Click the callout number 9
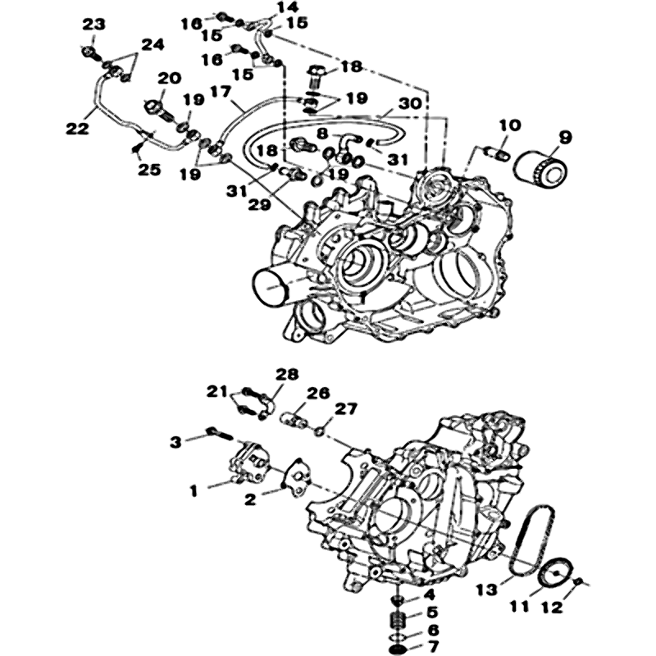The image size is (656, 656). [565, 137]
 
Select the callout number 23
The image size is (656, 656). [93, 25]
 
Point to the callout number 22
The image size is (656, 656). [77, 129]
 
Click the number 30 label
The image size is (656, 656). [409, 103]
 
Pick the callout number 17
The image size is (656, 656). [221, 92]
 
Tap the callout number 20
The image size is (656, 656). [170, 78]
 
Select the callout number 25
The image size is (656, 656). [149, 170]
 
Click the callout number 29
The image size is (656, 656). [259, 204]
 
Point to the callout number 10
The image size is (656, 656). [509, 125]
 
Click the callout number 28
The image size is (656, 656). [286, 374]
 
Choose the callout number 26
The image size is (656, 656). [318, 394]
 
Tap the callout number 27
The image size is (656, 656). [346, 408]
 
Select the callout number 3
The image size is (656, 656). [175, 442]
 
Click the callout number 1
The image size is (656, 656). [194, 490]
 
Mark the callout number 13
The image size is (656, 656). [487, 590]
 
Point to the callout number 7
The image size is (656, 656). [434, 646]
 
